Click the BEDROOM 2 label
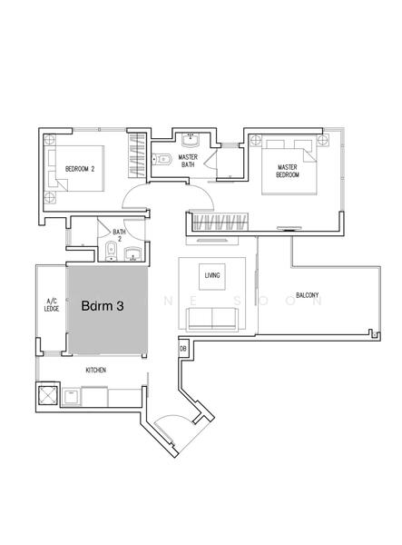coord(80,169)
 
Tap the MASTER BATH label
coord(188,161)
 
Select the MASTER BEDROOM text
coord(288,171)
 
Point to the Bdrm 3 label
coord(103,306)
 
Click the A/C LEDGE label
coord(52,305)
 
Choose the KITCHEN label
coord(96,371)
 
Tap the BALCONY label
coord(308,295)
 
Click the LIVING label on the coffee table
coord(212,275)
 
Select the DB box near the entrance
coord(183,348)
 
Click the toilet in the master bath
coord(162,159)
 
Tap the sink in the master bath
coord(191,139)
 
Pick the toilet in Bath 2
coord(111,251)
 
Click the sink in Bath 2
coord(132,254)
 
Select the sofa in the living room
coord(212,319)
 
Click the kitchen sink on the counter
coord(71,397)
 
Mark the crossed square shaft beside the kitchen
coord(47,395)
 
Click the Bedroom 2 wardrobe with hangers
coord(136,155)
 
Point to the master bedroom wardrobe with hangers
coord(221,222)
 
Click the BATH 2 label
coord(119,235)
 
